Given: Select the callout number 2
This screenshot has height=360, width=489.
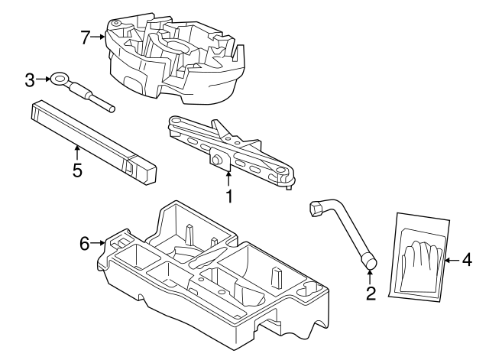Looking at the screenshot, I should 371,294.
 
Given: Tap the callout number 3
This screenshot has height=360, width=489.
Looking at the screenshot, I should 30,78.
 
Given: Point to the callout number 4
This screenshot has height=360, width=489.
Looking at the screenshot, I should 466,260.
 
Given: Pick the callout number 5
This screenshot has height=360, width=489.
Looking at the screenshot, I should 77,170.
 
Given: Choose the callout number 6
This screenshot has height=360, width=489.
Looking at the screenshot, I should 86,243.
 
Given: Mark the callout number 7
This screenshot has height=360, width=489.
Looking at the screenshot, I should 86,35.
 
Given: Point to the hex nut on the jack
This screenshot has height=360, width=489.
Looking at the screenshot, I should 219,159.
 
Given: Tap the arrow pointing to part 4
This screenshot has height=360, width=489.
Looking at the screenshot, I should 451,260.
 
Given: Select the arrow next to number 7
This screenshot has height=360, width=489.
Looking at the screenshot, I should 99,35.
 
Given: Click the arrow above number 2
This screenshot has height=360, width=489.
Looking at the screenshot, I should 371,277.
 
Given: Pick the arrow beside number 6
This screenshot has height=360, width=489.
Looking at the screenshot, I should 99,243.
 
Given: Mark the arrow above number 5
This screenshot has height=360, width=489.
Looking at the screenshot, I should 77,151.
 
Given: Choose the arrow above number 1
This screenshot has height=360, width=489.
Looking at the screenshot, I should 228,178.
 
